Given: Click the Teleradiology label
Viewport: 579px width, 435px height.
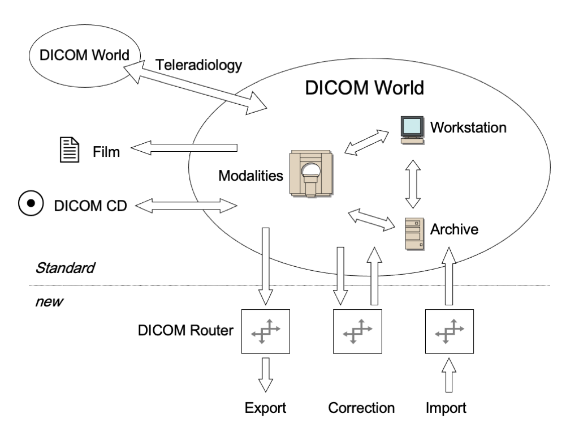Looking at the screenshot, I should coord(198,65).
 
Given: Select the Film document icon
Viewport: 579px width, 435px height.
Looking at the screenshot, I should coord(68,151).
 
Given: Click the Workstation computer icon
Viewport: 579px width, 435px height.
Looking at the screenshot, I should coord(412,129).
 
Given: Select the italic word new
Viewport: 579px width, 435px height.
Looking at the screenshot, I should coord(48,300).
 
